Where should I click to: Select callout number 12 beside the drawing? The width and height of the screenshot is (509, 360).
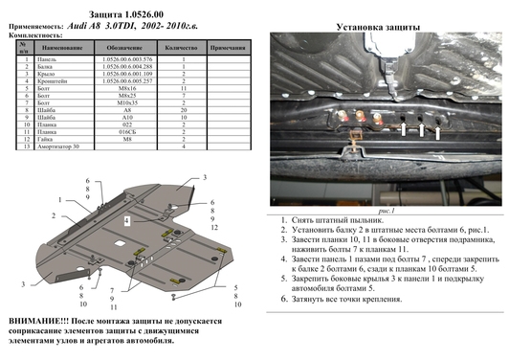pos(216,230)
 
